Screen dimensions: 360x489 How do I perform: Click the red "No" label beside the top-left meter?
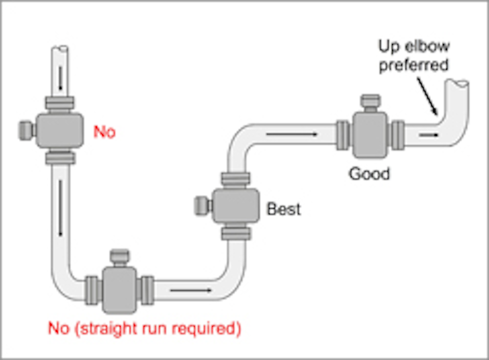105,132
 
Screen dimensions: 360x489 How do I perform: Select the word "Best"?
284,209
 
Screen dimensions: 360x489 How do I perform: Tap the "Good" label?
369,174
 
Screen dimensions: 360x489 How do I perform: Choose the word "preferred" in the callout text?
414,65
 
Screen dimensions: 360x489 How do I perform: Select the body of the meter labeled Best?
236,206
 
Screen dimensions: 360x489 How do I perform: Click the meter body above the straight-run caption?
119,290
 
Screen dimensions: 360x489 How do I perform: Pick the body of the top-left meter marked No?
59,130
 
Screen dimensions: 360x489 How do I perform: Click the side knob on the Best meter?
201,206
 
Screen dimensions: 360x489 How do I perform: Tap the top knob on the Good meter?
370,101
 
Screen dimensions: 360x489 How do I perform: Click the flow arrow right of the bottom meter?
191,290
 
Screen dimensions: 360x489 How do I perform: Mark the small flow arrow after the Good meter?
429,135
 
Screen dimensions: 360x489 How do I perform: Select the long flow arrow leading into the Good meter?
291,134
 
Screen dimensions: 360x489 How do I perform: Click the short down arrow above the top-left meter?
61,78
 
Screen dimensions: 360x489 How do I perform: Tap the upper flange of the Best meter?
236,179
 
